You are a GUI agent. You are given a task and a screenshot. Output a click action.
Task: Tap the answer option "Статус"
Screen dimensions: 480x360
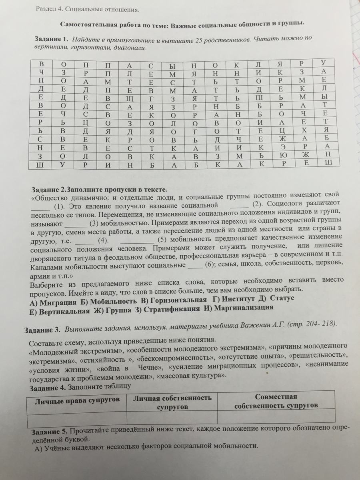click(282, 298)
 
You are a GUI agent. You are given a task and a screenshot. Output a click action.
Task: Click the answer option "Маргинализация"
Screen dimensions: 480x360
click(244, 308)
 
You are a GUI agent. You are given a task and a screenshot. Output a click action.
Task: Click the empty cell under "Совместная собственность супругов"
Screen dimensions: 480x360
click(276, 416)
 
